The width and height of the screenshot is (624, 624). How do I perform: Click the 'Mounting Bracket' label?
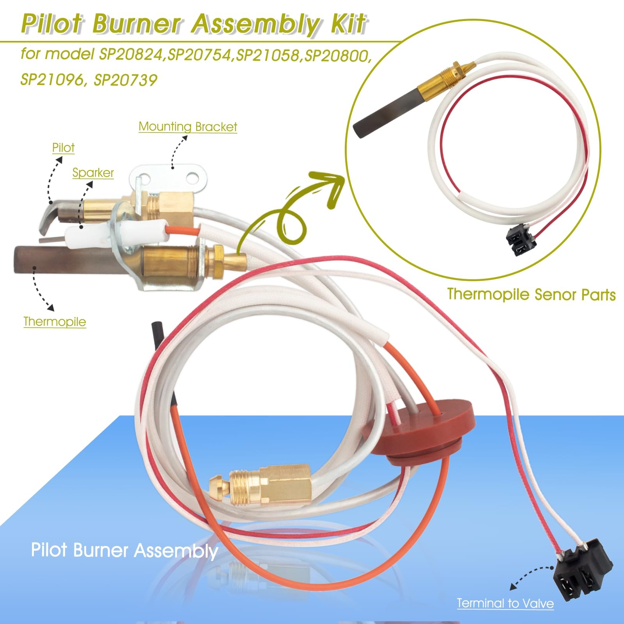point(188,127)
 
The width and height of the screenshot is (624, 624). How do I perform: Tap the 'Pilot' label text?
point(63,148)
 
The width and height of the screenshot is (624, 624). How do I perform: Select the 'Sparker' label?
point(93,173)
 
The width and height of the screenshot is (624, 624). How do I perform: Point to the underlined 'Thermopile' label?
point(55,322)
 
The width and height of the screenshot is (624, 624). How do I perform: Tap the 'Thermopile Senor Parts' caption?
point(531,294)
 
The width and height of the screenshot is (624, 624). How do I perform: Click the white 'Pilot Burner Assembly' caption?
point(124,550)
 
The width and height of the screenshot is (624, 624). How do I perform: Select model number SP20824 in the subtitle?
point(131,55)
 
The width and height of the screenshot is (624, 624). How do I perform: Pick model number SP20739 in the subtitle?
point(126,80)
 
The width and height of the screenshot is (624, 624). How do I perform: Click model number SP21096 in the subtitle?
point(52,80)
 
